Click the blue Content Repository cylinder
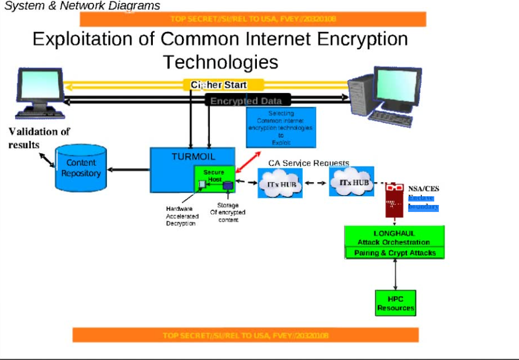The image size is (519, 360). (x=81, y=168)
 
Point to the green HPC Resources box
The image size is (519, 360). (x=396, y=304)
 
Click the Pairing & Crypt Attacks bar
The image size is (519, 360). (x=395, y=253)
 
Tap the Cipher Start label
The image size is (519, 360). (x=219, y=85)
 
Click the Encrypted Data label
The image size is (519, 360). (x=246, y=101)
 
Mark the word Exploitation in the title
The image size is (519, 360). (x=93, y=39)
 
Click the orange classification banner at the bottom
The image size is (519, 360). (x=245, y=335)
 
